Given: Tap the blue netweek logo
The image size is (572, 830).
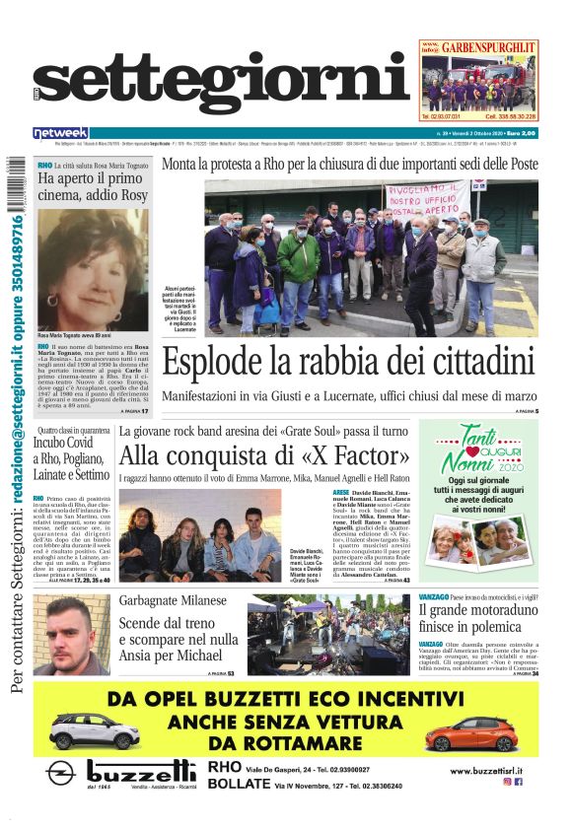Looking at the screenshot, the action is point(60,133).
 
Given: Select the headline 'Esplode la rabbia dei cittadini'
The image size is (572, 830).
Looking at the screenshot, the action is point(347,362).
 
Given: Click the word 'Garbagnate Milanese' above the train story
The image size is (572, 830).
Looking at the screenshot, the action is point(173,600).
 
